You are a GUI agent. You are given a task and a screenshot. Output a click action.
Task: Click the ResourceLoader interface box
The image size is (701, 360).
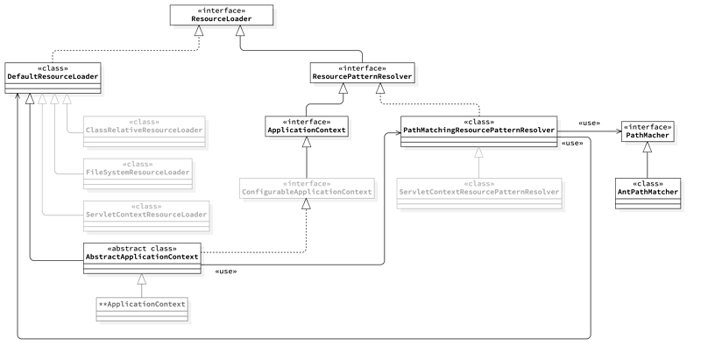221,16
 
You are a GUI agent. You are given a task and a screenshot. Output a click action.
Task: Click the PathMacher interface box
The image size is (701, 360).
647,131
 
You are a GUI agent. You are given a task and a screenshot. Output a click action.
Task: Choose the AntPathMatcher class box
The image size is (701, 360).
648,191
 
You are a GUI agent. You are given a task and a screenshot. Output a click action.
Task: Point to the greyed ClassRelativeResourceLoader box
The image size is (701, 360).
145,127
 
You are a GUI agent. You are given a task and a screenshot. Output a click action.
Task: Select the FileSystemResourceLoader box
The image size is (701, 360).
137,170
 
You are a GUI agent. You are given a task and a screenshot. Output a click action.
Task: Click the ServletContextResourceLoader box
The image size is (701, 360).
145,211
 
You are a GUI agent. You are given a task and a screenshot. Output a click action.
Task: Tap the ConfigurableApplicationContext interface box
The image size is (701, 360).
307,187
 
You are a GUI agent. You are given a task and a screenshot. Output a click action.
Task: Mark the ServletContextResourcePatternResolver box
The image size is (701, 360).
479,187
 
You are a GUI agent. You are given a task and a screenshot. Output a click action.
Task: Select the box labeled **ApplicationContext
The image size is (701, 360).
142,305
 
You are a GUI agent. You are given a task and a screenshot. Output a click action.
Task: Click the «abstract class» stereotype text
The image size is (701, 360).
141,248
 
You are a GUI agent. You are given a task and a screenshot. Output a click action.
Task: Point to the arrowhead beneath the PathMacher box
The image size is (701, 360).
647,147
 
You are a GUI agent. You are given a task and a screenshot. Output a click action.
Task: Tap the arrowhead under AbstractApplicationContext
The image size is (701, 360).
141,279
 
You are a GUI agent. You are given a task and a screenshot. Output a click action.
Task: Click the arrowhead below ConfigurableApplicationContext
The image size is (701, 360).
306,205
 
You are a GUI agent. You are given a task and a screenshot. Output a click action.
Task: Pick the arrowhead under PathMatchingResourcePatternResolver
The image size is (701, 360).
478,153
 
